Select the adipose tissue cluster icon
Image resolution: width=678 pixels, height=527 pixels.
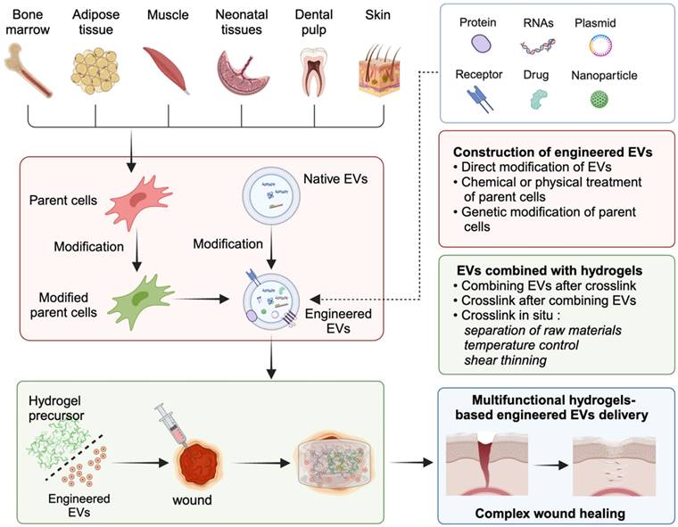94,71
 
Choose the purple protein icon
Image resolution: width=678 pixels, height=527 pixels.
482,44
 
